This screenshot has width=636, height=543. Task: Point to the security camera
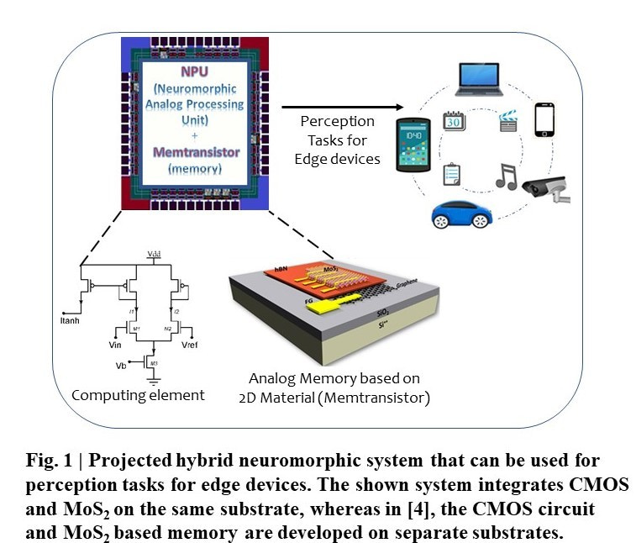547,188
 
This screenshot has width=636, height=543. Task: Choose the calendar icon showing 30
455,123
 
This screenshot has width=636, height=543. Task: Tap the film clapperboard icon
509,123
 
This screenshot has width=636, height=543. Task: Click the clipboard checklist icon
452,174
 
